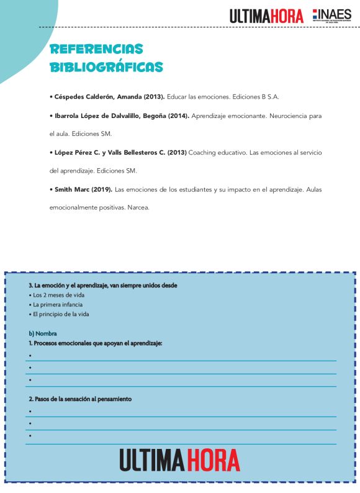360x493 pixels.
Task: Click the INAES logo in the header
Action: click(x=332, y=16)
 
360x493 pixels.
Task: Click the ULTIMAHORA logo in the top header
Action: click(x=266, y=16)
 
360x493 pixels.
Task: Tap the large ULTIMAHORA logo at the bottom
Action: click(x=180, y=459)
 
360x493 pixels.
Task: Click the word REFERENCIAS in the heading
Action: click(x=96, y=49)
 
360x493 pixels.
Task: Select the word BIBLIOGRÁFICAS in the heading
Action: click(x=106, y=66)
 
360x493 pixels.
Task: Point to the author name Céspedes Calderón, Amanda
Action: click(x=99, y=97)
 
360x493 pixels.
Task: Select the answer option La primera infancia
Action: click(x=58, y=305)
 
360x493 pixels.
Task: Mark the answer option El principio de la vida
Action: click(x=61, y=314)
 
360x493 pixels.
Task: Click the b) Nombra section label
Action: click(x=43, y=333)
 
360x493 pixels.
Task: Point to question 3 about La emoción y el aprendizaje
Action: click(x=103, y=286)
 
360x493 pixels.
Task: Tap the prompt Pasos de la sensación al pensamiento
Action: click(x=80, y=399)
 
